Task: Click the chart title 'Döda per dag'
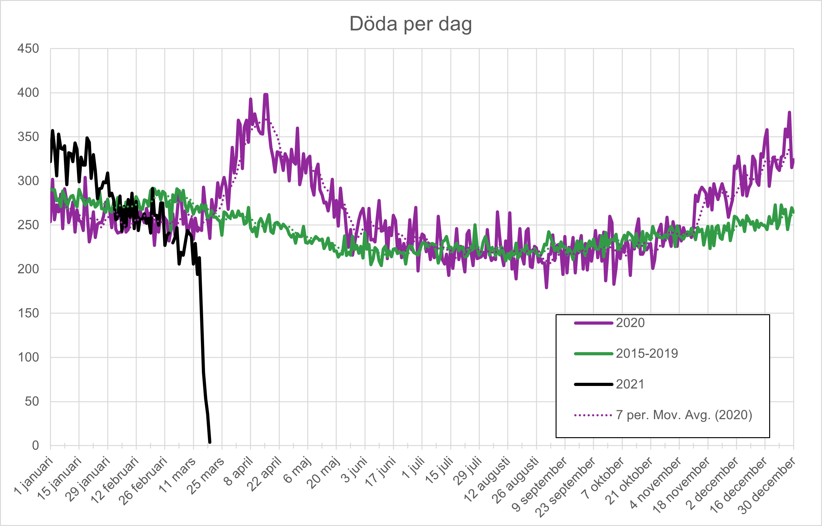[x=410, y=24]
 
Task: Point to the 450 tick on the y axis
[x=28, y=48]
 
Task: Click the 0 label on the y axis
[x=35, y=445]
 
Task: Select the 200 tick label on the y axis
[x=28, y=269]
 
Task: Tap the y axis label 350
[x=28, y=137]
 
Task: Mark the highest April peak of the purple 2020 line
[x=265, y=95]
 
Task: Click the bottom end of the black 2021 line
[x=210, y=443]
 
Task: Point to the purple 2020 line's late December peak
[x=789, y=112]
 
